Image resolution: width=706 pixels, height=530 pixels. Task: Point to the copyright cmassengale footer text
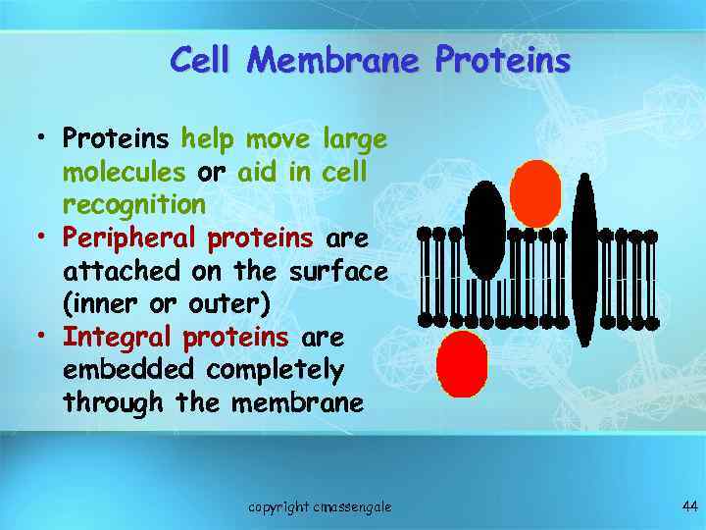[320, 506]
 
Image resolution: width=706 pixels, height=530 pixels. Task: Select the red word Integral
[118, 338]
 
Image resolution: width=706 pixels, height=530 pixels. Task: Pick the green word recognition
[134, 205]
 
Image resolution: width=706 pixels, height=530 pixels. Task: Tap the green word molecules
[124, 173]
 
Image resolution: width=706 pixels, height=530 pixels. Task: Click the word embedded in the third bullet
[129, 370]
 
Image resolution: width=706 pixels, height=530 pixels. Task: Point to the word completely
[275, 371]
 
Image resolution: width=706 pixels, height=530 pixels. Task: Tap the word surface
[337, 271]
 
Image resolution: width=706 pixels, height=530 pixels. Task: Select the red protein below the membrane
[462, 363]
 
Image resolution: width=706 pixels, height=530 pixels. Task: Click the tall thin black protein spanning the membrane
[584, 260]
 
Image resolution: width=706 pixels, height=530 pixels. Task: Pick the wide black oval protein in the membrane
[485, 230]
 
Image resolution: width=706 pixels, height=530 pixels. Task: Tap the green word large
[353, 139]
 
